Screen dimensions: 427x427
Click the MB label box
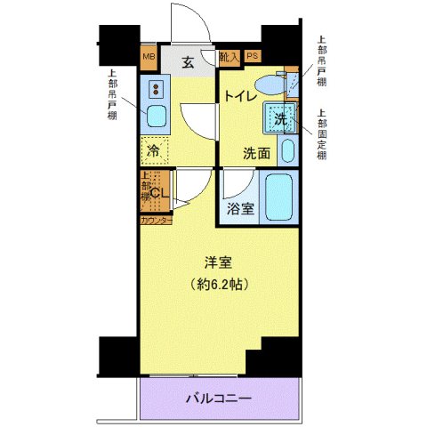coord(149,60)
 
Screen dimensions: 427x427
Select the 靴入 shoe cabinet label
coord(229,58)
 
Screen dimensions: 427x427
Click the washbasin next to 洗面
coord(288,149)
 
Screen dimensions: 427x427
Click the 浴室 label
coord(238,209)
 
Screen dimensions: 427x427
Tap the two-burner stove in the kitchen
coord(157,89)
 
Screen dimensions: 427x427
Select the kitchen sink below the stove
coord(157,116)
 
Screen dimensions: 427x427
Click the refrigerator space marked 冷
coord(154,150)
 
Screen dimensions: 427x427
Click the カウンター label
coord(156,218)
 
